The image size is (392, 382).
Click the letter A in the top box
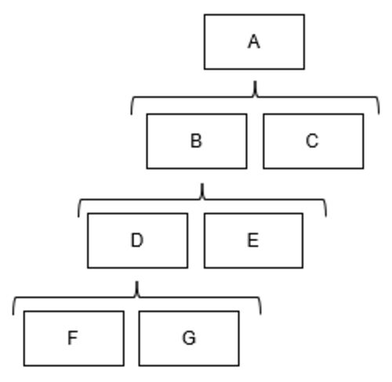click(254, 42)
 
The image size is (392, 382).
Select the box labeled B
click(197, 141)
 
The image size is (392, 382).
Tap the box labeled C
click(314, 141)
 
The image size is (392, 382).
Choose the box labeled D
click(138, 240)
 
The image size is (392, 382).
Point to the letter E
click(253, 240)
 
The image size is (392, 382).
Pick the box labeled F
click(74, 338)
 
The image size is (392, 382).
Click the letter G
click(189, 338)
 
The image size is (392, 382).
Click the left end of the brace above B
click(132, 114)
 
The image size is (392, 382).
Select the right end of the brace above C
click(379, 114)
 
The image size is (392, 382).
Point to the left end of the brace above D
click(78, 217)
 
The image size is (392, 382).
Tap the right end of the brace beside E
click(326, 216)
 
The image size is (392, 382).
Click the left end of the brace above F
click(13, 315)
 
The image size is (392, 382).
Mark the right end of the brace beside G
click(260, 314)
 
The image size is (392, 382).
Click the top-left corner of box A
click(205, 15)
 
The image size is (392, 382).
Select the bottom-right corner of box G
click(239, 366)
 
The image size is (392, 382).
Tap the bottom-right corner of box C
click(364, 168)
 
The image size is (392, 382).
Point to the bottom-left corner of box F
click(24, 366)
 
